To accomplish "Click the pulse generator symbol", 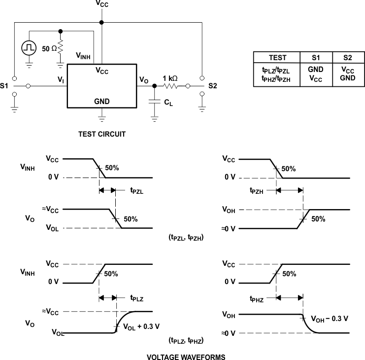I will [30, 47].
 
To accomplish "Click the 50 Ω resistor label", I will [49, 49].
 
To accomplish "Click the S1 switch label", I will [5, 86].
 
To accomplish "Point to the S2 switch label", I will [213, 86].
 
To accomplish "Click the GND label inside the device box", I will [102, 102].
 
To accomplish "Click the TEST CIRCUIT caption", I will [101, 134].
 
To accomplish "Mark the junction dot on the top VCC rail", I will [102, 22].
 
